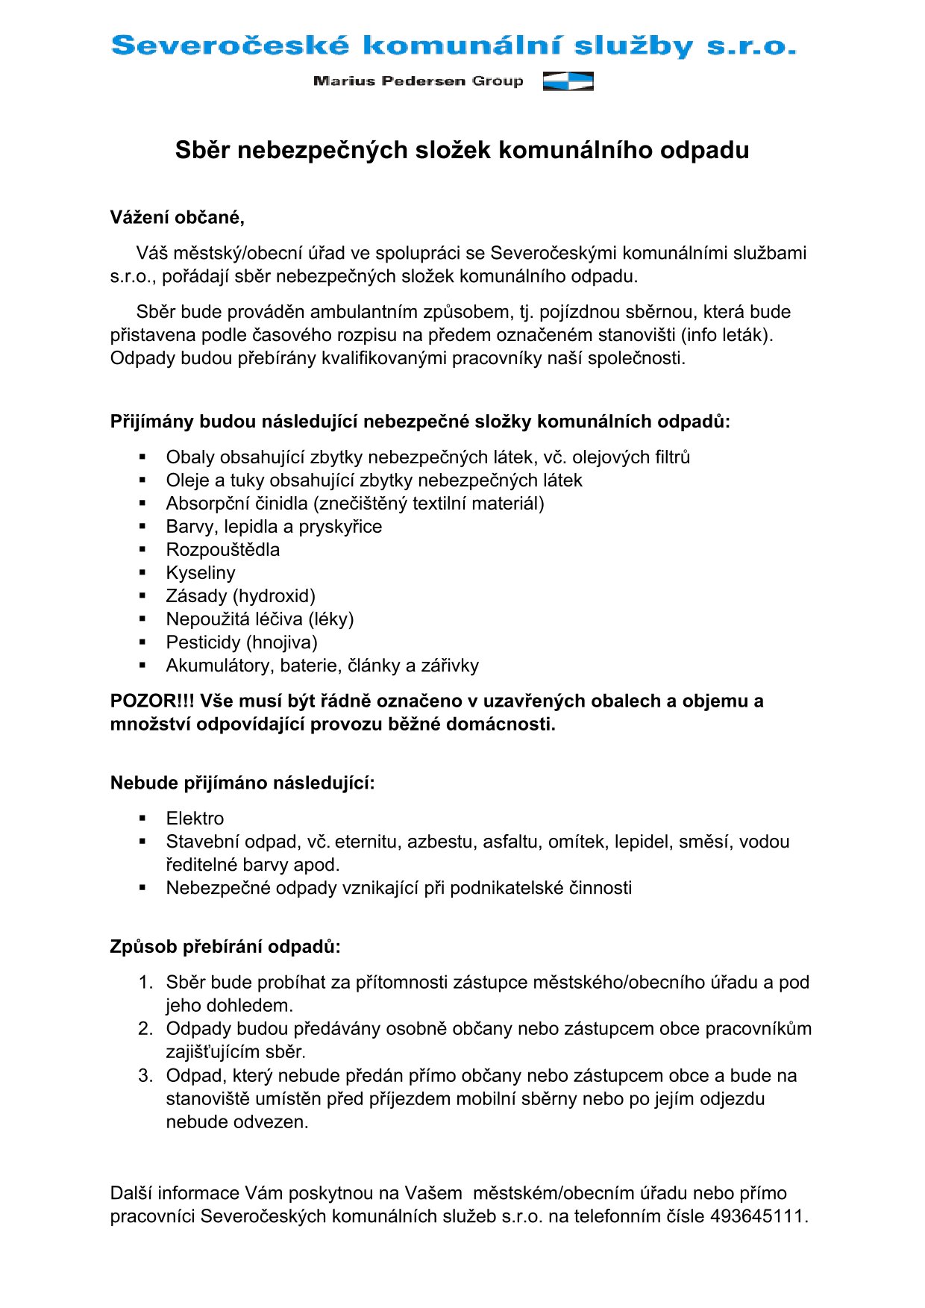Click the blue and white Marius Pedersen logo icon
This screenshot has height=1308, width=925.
pyautogui.click(x=568, y=81)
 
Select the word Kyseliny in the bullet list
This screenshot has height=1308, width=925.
pyautogui.click(x=200, y=573)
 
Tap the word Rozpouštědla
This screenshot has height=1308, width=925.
pyautogui.click(x=222, y=550)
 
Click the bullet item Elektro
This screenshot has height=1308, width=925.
pyautogui.click(x=195, y=819)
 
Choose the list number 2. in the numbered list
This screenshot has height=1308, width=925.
pyautogui.click(x=145, y=1029)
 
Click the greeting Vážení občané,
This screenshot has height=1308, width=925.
pyautogui.click(x=178, y=218)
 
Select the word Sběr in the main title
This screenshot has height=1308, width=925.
pyautogui.click(x=203, y=151)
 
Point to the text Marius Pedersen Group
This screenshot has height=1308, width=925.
pyautogui.click(x=418, y=81)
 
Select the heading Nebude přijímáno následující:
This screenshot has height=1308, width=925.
pyautogui.click(x=242, y=783)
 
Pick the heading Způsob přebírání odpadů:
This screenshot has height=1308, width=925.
pyautogui.click(x=225, y=948)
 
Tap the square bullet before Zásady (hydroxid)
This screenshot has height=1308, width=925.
pyautogui.click(x=142, y=596)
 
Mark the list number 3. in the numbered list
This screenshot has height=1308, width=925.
pyautogui.click(x=145, y=1076)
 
